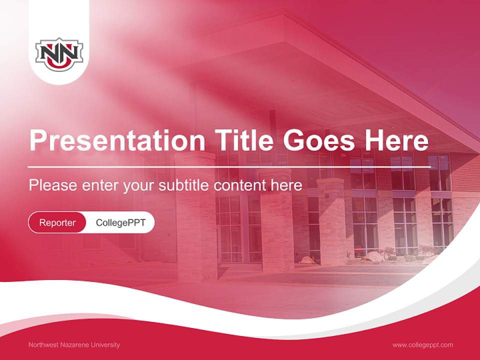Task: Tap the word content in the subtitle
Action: click(x=240, y=185)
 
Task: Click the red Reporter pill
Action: click(x=57, y=222)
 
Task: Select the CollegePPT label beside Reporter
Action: click(x=120, y=222)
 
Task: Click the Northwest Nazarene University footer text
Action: click(x=74, y=344)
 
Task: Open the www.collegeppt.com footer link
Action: click(x=422, y=344)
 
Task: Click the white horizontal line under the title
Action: click(x=229, y=166)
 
